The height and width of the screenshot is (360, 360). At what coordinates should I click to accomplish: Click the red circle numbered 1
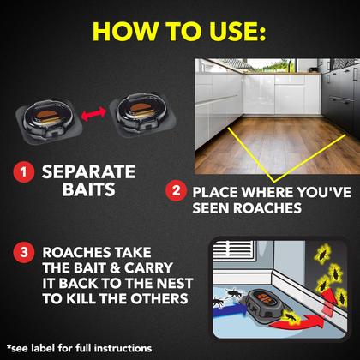tap(24, 171)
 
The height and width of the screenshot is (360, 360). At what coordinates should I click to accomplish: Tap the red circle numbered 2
tap(176, 190)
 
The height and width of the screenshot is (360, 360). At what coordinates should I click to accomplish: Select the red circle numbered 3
tap(24, 252)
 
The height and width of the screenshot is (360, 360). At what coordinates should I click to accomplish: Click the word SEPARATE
tap(88, 171)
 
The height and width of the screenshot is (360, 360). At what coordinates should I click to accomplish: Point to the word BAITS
tap(89, 189)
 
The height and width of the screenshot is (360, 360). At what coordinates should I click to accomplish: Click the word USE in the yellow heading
tap(237, 31)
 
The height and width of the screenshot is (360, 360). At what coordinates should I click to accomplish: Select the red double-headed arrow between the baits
tap(93, 114)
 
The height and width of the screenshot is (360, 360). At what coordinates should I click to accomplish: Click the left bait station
tap(49, 121)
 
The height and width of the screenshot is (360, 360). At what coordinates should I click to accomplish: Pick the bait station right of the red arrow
tap(142, 114)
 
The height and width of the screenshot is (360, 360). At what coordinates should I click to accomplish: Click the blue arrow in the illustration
tap(230, 309)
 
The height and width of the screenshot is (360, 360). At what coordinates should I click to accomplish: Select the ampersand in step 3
tap(115, 268)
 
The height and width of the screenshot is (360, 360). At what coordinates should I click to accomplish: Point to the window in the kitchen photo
tap(270, 66)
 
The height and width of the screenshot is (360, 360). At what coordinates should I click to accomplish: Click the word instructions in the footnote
tap(123, 348)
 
